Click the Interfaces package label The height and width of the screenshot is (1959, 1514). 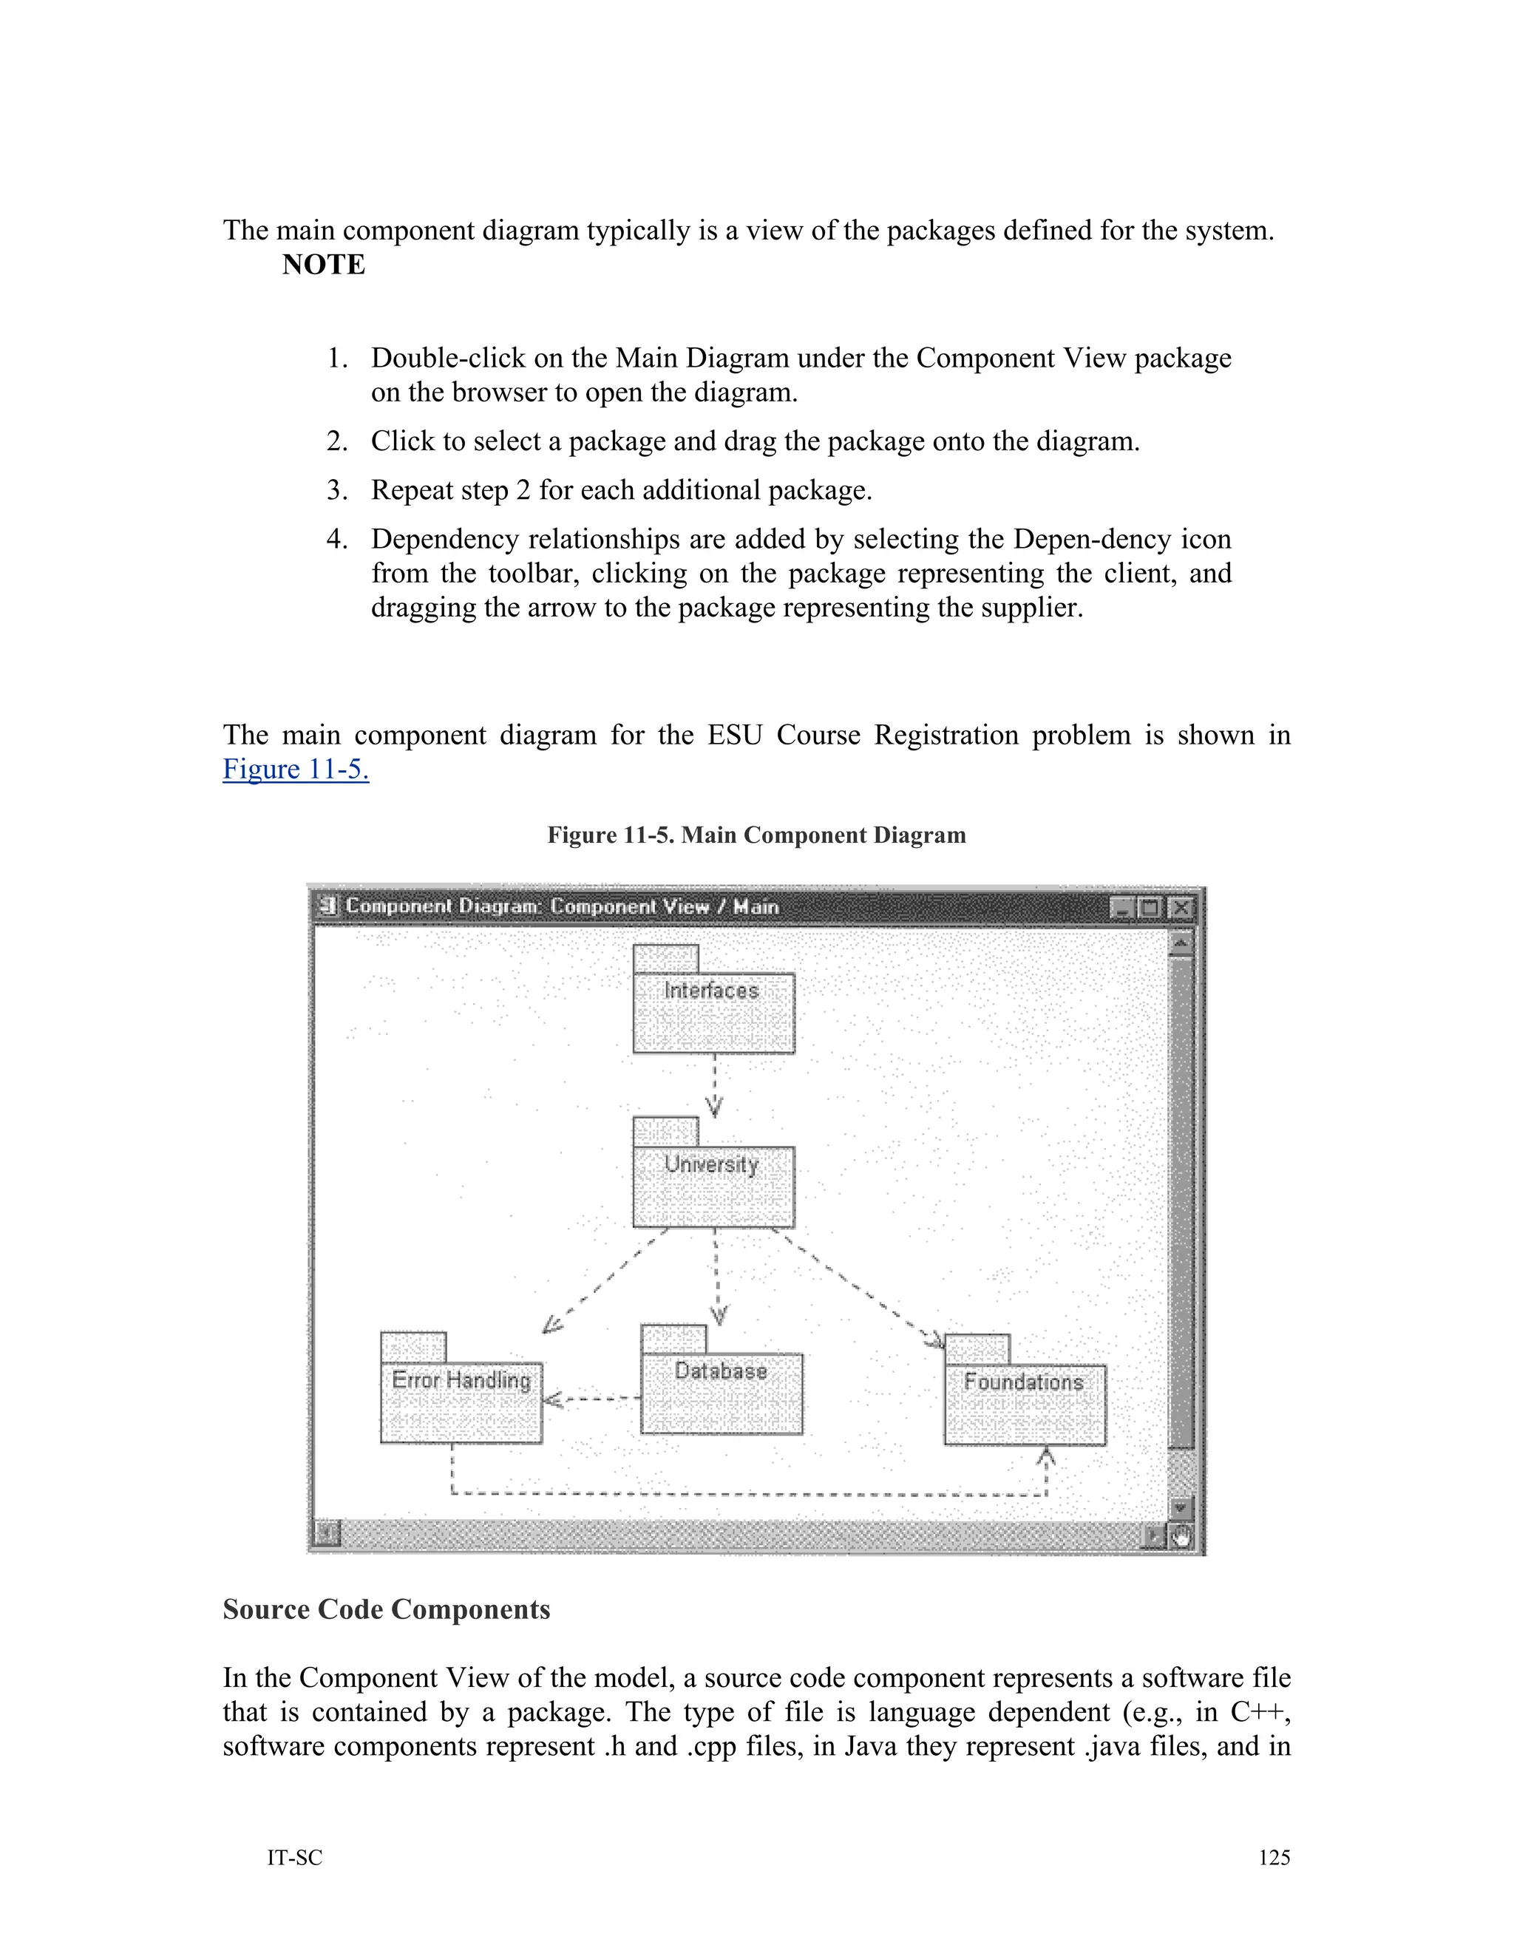point(711,991)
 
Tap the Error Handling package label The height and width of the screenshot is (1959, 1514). point(461,1379)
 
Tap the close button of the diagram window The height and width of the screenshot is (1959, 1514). point(1182,908)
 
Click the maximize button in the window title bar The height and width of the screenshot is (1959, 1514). point(1150,908)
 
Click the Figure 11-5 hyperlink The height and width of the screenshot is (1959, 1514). point(295,769)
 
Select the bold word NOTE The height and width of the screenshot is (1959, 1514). point(324,265)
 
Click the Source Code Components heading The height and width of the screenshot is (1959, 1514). point(386,1609)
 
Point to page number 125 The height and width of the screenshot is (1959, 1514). point(1274,1858)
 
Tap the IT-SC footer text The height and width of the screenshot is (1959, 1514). point(294,1858)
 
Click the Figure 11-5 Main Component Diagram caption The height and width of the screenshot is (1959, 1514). point(756,835)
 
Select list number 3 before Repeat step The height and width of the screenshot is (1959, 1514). point(336,491)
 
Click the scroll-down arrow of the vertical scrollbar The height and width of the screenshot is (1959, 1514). point(1181,1508)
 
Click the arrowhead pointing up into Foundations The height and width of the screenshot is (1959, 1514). point(1046,1458)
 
